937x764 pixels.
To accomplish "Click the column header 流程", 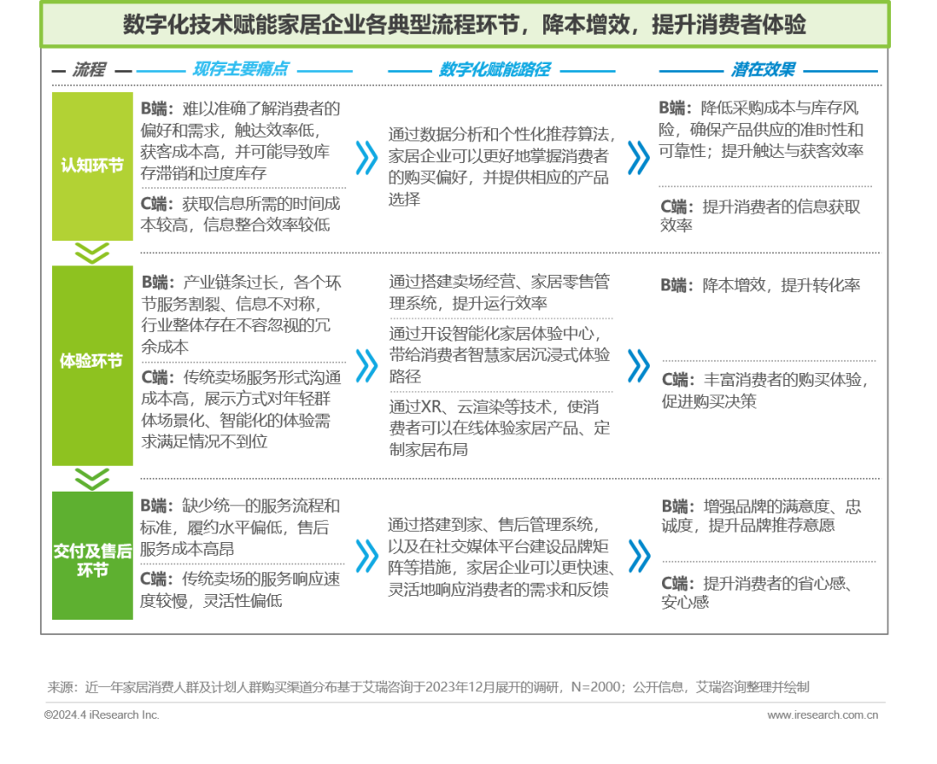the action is (89, 70).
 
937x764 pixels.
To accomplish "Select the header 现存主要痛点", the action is (240, 70).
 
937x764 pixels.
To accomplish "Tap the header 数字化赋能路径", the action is (495, 70).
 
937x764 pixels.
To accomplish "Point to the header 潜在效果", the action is (763, 70).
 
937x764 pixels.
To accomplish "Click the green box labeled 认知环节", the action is (92, 166).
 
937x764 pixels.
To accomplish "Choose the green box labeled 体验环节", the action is (92, 362).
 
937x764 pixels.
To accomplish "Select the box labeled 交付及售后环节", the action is (92, 559).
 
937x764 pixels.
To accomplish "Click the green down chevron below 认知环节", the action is (92, 252).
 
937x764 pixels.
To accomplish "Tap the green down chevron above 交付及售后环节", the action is (92, 479).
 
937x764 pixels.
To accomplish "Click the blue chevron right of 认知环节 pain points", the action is (366, 158).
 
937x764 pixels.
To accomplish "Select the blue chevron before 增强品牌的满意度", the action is (638, 555).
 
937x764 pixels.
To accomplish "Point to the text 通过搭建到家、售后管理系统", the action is (492, 525).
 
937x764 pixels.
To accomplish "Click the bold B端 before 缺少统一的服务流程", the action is (157, 506).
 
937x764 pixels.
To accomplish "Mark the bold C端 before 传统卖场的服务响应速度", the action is (157, 578).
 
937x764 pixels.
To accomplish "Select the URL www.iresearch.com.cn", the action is (822, 715).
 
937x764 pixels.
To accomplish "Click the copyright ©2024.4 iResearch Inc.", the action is (102, 715).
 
